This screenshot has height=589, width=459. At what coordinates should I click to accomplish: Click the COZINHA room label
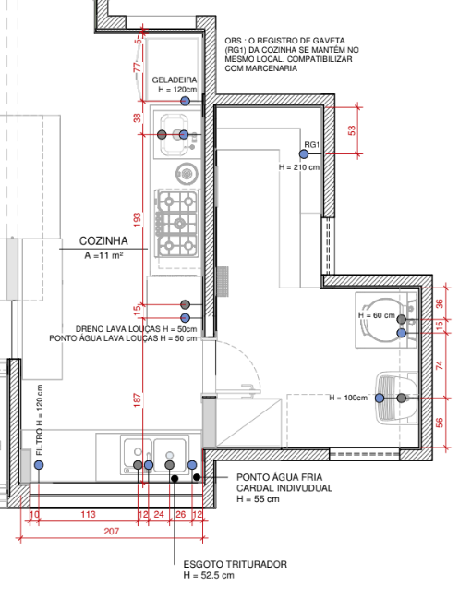pos(103,241)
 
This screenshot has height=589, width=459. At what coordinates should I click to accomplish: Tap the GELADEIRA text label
pos(175,80)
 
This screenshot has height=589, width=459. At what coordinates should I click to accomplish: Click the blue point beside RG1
pos(304,154)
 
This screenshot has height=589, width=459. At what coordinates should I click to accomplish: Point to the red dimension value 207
pos(112,531)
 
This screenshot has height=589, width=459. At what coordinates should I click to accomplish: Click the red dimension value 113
pos(88,514)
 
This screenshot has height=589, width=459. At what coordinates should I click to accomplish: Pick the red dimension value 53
pos(352,130)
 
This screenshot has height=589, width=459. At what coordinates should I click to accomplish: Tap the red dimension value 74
pos(440,365)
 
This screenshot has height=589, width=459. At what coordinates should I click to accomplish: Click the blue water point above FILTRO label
pos(39,465)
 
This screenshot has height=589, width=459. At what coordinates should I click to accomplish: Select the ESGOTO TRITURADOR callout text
pos(236,564)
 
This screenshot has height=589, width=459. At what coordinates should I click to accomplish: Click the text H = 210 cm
pos(299,167)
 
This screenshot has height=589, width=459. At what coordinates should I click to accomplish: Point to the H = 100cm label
pos(348,398)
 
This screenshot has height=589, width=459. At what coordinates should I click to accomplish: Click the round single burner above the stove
pos(187,174)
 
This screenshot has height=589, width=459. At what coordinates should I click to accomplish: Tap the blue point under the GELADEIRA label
pos(185,101)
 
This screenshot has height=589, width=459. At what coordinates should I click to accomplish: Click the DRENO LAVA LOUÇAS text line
pos(137,329)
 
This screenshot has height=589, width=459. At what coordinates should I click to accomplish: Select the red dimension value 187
pos(138,399)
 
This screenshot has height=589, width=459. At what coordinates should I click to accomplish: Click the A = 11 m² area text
pos(104,255)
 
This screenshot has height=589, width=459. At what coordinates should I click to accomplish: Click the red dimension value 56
pos(440,423)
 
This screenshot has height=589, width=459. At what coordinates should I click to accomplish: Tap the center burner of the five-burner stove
pos(180,225)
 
